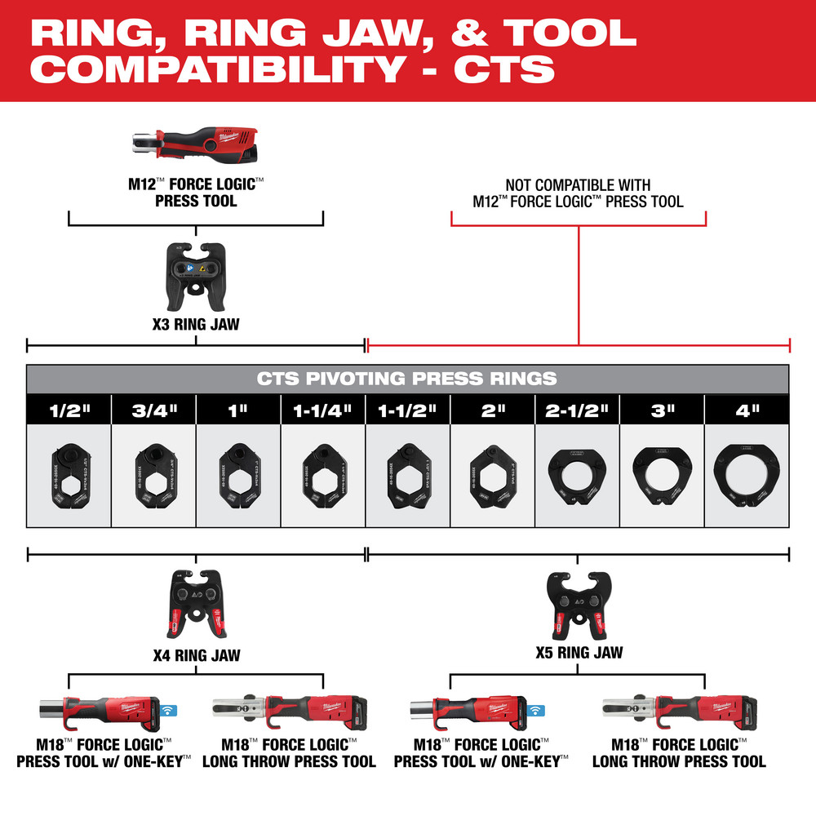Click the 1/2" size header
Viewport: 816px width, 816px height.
tap(69, 410)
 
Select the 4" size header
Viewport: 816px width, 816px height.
tap(747, 410)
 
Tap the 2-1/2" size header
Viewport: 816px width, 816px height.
tap(577, 410)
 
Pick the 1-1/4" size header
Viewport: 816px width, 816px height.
tap(322, 410)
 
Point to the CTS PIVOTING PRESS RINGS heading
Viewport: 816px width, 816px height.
tap(407, 379)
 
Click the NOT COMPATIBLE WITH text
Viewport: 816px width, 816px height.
tap(578, 186)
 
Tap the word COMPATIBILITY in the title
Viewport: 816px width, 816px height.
tap(216, 69)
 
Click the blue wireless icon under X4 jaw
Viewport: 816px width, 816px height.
tap(170, 711)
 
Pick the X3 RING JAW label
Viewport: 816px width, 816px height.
tap(196, 324)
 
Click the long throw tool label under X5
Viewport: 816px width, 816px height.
tap(679, 752)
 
